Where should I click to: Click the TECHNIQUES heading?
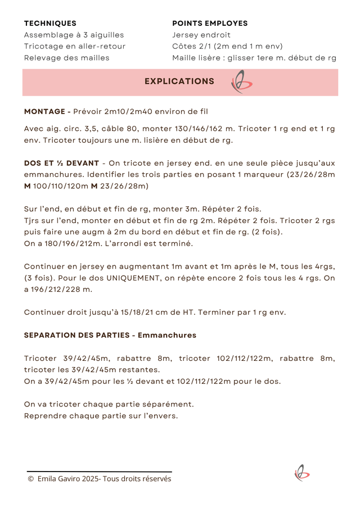click(x=50, y=24)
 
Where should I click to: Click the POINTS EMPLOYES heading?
click(x=210, y=24)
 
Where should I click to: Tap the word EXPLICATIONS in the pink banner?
click(x=179, y=82)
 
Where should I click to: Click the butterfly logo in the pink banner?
click(x=241, y=82)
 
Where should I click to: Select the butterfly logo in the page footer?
click(x=301, y=473)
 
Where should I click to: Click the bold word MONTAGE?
click(x=46, y=111)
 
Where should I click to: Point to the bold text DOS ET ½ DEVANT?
click(x=61, y=163)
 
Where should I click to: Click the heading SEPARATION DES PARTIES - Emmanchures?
click(x=110, y=335)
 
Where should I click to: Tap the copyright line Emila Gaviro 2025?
click(x=100, y=479)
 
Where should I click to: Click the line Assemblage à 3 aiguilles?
click(x=74, y=35)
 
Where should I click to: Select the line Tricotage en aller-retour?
click(x=75, y=46)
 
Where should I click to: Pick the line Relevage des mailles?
click(x=66, y=57)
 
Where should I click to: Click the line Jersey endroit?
click(x=201, y=35)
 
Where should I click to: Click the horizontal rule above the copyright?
click(x=100, y=472)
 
